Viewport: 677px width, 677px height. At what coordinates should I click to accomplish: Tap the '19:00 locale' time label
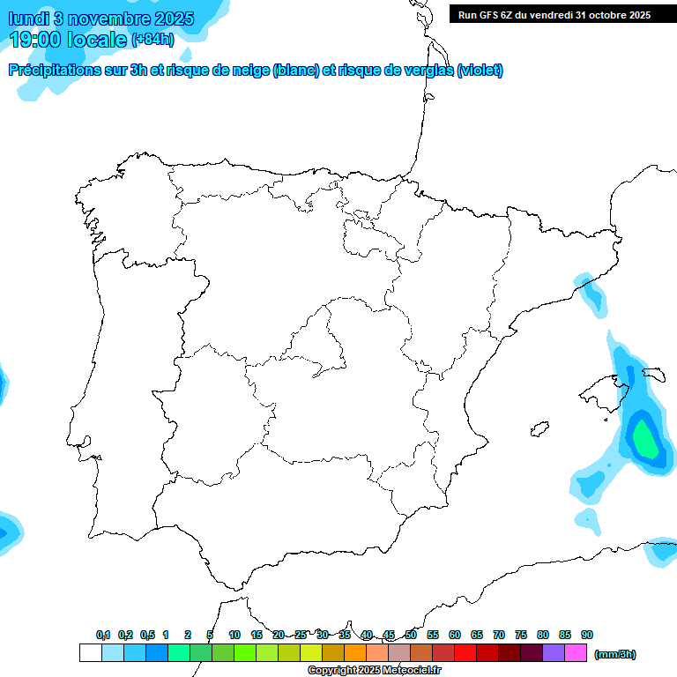click(x=69, y=39)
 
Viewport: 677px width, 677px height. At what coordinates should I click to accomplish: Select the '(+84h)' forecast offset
click(x=153, y=40)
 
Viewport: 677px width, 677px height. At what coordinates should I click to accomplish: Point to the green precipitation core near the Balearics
click(x=644, y=441)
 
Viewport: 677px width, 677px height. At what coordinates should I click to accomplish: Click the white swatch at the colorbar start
click(x=90, y=653)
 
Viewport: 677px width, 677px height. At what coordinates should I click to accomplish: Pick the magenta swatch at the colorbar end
click(x=575, y=653)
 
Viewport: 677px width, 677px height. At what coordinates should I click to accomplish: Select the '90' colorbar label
click(x=587, y=635)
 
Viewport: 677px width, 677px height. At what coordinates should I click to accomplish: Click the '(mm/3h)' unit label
click(x=615, y=654)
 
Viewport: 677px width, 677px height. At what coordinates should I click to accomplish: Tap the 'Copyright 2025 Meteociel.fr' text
click(x=374, y=671)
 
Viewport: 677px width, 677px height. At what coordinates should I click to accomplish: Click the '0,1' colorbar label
click(x=103, y=635)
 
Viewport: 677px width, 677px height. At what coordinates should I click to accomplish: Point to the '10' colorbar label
click(x=234, y=635)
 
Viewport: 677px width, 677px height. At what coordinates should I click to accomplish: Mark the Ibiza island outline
click(x=538, y=429)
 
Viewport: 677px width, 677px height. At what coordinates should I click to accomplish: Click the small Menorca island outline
click(x=653, y=374)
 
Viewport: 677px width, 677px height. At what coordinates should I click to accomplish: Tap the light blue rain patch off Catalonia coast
click(x=591, y=294)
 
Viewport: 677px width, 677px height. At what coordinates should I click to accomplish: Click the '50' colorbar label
click(x=411, y=635)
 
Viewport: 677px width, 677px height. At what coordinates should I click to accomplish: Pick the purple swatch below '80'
click(x=553, y=653)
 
